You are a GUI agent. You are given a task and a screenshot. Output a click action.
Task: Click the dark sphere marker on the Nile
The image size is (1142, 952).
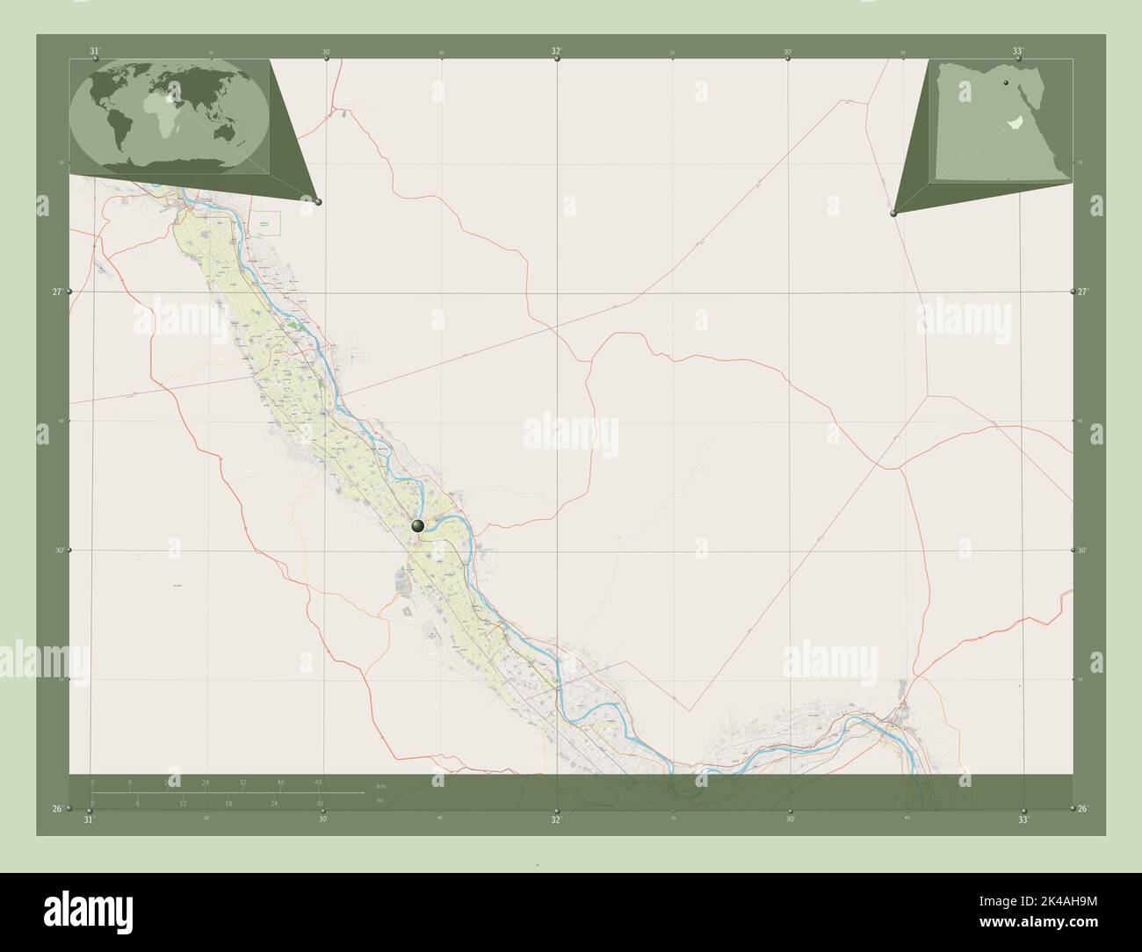[418, 526]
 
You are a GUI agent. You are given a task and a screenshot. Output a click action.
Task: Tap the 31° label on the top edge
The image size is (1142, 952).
[95, 51]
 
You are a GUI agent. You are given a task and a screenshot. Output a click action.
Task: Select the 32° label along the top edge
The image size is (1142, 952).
[557, 51]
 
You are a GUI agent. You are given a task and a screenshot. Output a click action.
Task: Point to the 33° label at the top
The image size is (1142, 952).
[1018, 51]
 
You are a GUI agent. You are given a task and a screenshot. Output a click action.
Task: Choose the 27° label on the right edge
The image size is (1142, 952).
[1083, 292]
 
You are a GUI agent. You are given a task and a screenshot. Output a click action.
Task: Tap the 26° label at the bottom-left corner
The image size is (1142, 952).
[57, 809]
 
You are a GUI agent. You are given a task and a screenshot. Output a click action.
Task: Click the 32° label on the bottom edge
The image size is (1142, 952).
[555, 820]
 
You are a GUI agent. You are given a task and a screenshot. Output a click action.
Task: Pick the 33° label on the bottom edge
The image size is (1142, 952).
[1023, 820]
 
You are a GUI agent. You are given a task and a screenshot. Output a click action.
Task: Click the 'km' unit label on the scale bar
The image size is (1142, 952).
[380, 785]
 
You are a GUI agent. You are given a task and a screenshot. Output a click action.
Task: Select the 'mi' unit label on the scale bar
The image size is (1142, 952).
[379, 800]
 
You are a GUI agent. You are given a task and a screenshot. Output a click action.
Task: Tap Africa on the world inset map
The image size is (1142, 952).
[172, 106]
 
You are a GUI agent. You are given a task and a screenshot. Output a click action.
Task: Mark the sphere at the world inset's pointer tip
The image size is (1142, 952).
[318, 202]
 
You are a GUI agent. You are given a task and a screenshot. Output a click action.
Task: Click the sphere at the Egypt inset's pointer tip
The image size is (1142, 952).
[893, 213]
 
